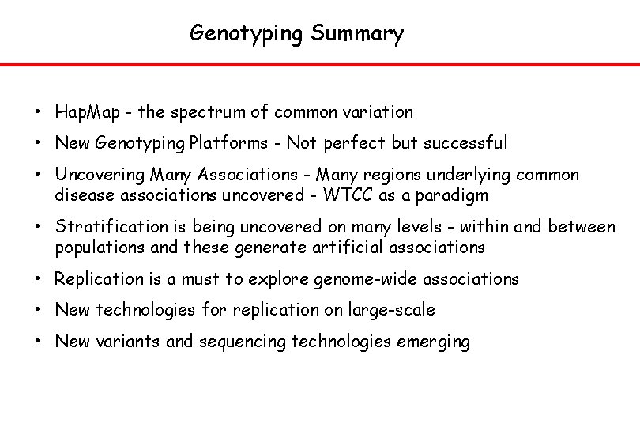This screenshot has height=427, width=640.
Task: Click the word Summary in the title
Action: point(357,34)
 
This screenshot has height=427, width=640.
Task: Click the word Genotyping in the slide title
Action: point(247,34)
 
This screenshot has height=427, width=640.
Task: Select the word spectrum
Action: point(205,112)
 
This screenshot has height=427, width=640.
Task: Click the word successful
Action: point(465,143)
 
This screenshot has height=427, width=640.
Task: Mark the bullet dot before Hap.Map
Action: point(38,113)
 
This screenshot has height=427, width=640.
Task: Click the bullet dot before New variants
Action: point(38,342)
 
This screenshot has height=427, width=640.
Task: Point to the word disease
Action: point(83,195)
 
